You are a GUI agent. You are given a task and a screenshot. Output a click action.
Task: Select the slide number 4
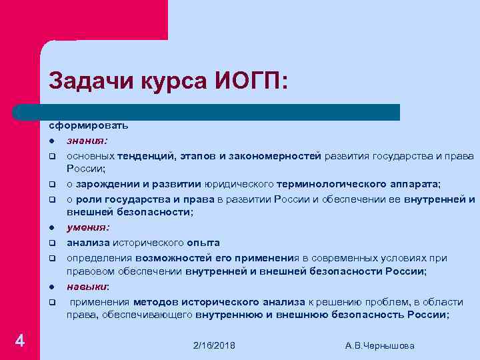[x=21, y=342]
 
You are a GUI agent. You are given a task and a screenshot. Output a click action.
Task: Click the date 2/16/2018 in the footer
[x=214, y=345]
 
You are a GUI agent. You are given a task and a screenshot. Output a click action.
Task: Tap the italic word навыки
[x=87, y=287]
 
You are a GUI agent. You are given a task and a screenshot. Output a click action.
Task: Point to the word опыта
[x=203, y=243]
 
